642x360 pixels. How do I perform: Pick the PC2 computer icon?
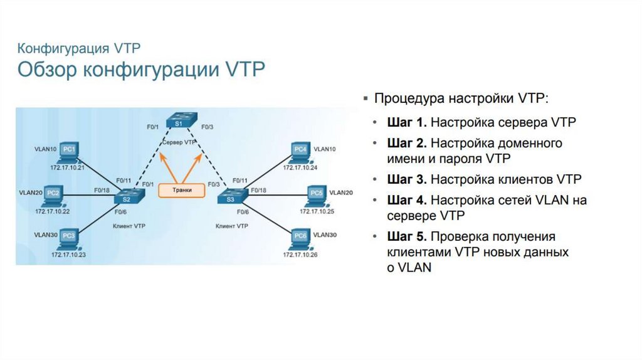[x=53, y=194]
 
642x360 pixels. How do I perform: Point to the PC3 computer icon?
[x=68, y=238]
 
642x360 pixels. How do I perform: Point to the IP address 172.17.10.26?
[x=300, y=255]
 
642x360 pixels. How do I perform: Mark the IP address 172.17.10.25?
[x=317, y=211]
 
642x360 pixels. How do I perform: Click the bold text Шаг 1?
[x=408, y=122]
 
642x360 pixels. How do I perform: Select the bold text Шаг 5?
[x=408, y=236]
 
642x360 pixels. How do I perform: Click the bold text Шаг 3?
[x=408, y=179]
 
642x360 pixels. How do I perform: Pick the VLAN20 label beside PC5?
[x=341, y=192]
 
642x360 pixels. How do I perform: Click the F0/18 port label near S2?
[x=102, y=189]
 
